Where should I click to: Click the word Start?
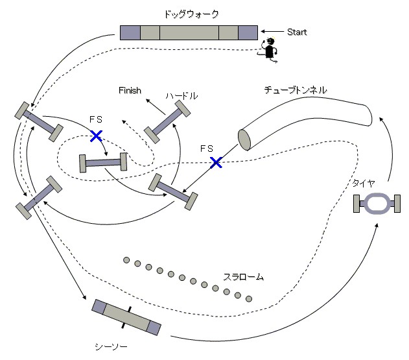[296, 32]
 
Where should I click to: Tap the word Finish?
[130, 91]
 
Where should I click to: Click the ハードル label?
[181, 95]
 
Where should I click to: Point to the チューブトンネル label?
[295, 90]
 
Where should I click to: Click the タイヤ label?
[362, 184]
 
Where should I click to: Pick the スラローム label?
[243, 277]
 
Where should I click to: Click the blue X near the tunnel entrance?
[216, 162]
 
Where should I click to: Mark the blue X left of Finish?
[96, 136]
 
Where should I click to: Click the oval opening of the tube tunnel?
[244, 139]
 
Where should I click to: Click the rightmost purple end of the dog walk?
[248, 32]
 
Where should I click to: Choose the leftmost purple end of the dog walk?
[130, 32]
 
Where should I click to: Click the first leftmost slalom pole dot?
[126, 261]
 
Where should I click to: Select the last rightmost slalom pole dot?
[248, 299]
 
